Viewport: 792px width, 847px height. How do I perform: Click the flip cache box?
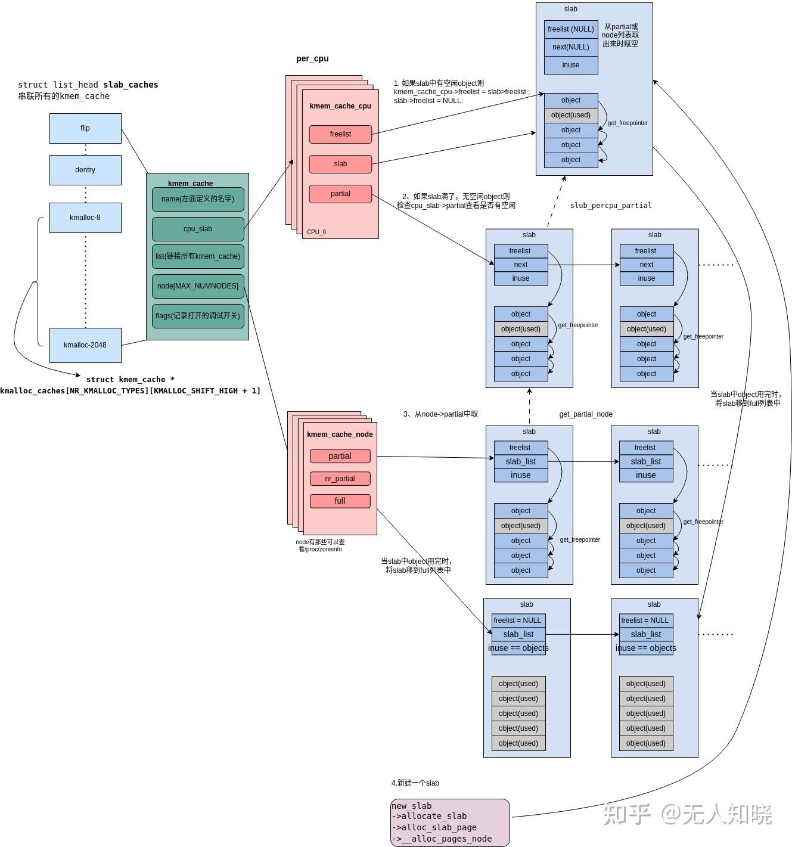[85, 128]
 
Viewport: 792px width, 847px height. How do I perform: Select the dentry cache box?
[85, 170]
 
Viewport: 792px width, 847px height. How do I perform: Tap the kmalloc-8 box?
[85, 218]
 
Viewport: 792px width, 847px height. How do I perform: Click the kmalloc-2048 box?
[85, 345]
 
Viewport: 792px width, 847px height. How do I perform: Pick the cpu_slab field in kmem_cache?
[198, 229]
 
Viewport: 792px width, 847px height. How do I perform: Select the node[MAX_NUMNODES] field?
[198, 286]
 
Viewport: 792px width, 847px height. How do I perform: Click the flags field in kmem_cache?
[198, 316]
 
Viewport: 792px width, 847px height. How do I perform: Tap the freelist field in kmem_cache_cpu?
[340, 134]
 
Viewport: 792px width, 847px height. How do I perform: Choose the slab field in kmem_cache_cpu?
[340, 164]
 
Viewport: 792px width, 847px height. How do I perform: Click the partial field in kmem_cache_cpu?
[340, 194]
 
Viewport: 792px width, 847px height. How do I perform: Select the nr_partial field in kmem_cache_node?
[340, 479]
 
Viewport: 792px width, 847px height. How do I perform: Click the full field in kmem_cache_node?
[340, 501]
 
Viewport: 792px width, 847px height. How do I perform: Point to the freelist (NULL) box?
[570, 29]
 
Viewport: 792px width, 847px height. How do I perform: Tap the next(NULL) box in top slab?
[570, 47]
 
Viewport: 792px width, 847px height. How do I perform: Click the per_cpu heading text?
[312, 58]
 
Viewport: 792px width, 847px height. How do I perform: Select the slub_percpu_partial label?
[611, 206]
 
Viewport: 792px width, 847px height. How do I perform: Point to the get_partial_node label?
[586, 414]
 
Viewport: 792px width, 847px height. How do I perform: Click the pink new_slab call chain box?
[450, 823]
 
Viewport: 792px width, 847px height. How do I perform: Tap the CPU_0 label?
[316, 232]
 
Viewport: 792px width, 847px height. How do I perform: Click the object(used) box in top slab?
[570, 115]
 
